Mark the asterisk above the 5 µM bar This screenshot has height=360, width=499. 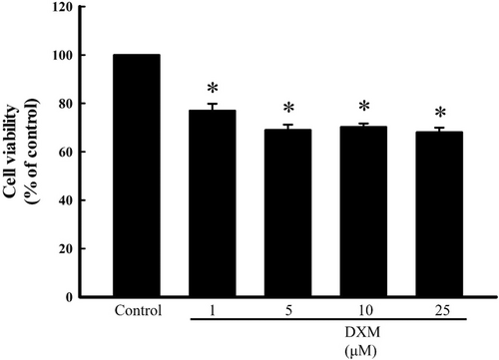(x=288, y=110)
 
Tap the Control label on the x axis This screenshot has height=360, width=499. (x=138, y=311)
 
